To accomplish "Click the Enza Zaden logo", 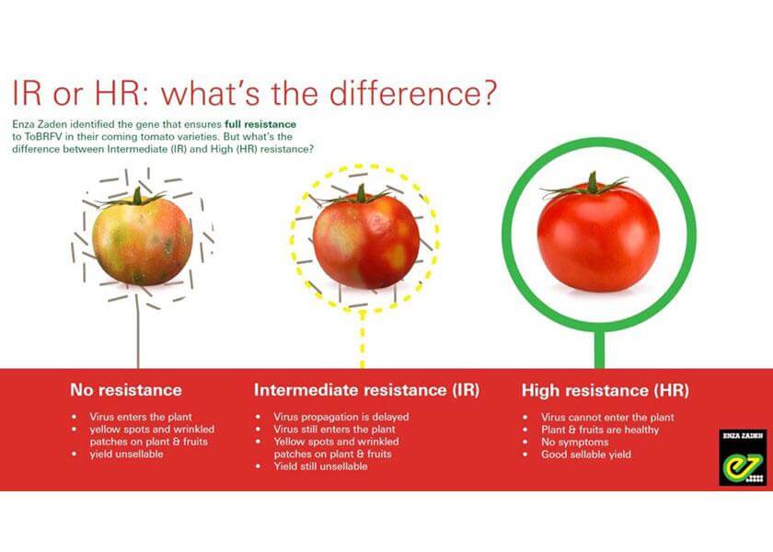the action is point(743,457).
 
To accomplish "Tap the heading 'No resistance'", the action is point(126,390).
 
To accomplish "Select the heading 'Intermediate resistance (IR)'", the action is point(367,390).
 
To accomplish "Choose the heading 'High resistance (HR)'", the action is point(605,390).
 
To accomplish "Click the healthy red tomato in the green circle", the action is point(598,233).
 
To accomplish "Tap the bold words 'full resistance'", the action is point(260,124).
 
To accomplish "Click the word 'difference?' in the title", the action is point(412,93).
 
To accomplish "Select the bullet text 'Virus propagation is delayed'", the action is point(341,417).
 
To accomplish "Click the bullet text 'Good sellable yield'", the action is point(585,454).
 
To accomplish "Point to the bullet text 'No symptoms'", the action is point(575,443).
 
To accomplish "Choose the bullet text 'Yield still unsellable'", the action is point(321,466).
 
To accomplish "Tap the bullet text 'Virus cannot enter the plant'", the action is point(607,417).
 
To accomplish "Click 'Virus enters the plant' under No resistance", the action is point(141,417).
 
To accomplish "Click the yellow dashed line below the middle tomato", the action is point(363,339).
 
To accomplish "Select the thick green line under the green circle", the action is point(599,350).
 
